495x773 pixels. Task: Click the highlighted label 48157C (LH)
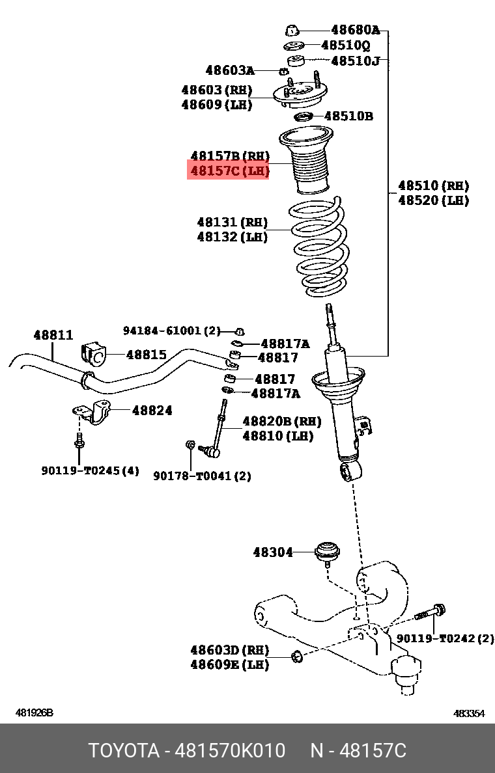click(229, 172)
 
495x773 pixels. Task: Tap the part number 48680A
click(354, 30)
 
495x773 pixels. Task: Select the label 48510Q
click(345, 46)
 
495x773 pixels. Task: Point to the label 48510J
click(355, 61)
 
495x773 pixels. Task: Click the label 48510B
click(348, 116)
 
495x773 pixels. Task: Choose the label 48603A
click(230, 70)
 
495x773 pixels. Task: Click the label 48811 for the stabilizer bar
click(53, 335)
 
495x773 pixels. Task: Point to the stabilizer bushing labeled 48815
click(92, 355)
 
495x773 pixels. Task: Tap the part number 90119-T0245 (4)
click(91, 470)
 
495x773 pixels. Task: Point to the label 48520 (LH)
click(433, 200)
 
